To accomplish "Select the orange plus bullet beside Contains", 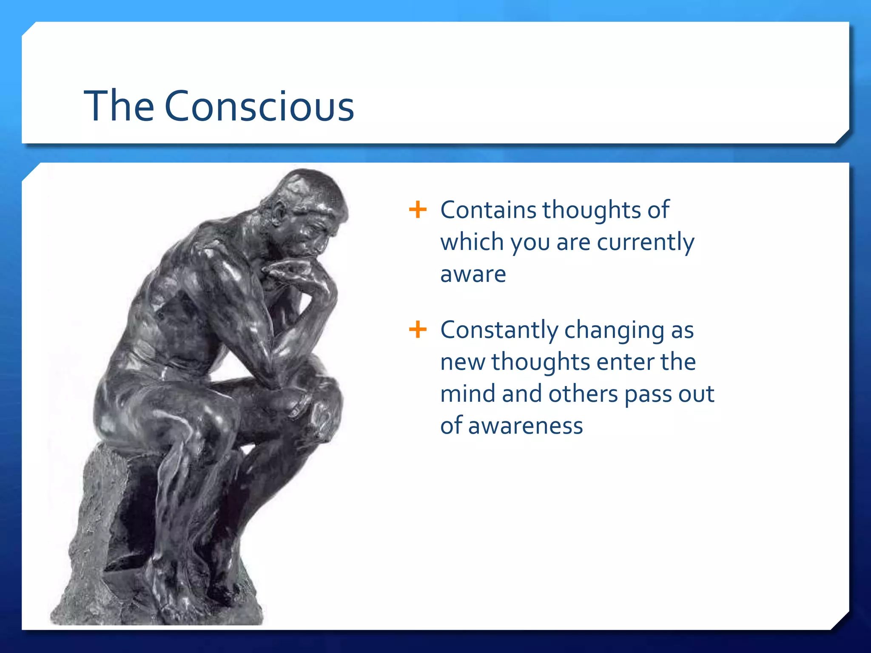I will tap(417, 210).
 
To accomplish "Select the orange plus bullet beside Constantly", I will tap(417, 329).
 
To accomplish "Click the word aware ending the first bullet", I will tap(473, 274).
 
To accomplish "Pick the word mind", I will tap(467, 394).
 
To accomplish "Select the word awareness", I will tap(525, 426).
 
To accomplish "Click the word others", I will tap(583, 394).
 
